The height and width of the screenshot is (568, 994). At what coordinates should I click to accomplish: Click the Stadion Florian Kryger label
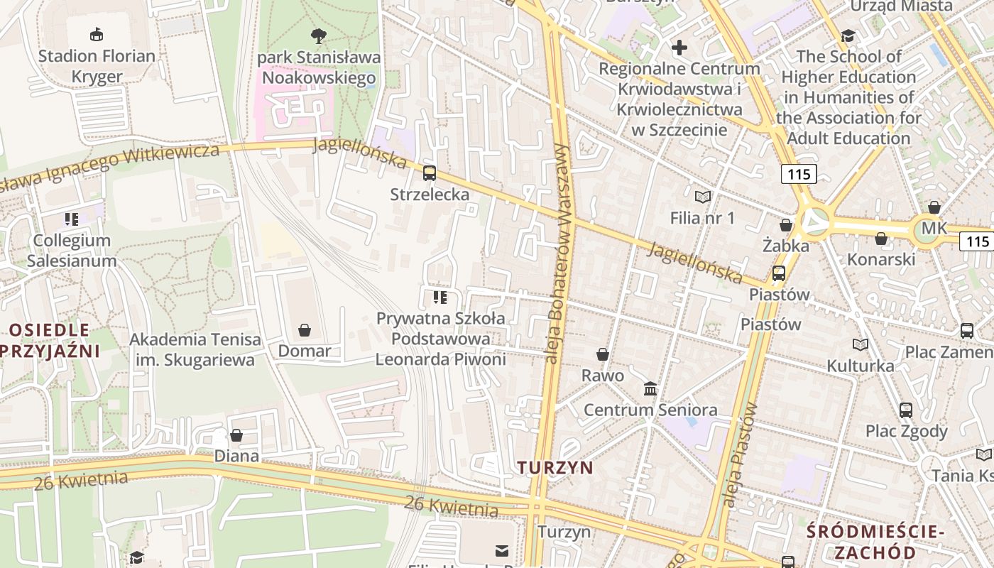[97, 66]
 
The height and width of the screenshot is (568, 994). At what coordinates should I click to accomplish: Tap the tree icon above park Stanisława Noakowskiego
[319, 35]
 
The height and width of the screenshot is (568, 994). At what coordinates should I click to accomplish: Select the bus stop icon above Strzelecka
[430, 173]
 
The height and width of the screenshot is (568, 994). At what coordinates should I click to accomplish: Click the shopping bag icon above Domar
[305, 330]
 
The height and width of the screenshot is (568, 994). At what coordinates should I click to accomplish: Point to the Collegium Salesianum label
[72, 250]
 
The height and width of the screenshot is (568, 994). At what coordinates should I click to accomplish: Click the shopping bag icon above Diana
[236, 435]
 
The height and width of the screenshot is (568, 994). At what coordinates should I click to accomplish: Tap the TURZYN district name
[555, 467]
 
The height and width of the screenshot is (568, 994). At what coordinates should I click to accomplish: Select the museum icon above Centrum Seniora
[650, 388]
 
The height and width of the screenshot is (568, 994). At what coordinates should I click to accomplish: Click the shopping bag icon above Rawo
[603, 354]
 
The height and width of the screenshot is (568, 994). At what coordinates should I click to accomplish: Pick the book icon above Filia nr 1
[703, 197]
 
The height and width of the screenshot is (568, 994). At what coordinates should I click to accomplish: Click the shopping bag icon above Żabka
[786, 225]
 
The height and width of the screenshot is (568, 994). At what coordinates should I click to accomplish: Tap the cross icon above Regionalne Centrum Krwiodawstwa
[679, 48]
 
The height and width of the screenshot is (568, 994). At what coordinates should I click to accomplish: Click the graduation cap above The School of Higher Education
[848, 35]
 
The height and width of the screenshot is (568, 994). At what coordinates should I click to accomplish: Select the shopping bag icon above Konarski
[881, 239]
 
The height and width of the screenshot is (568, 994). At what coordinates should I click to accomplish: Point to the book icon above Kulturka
[861, 345]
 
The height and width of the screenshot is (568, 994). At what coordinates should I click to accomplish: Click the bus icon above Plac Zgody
[906, 410]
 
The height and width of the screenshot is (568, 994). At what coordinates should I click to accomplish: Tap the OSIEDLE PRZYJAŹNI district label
[50, 339]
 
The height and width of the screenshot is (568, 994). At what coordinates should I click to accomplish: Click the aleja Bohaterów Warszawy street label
[559, 253]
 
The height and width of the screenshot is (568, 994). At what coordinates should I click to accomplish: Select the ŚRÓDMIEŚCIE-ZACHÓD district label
[875, 542]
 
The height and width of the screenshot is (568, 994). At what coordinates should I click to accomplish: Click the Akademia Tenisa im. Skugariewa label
[195, 350]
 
